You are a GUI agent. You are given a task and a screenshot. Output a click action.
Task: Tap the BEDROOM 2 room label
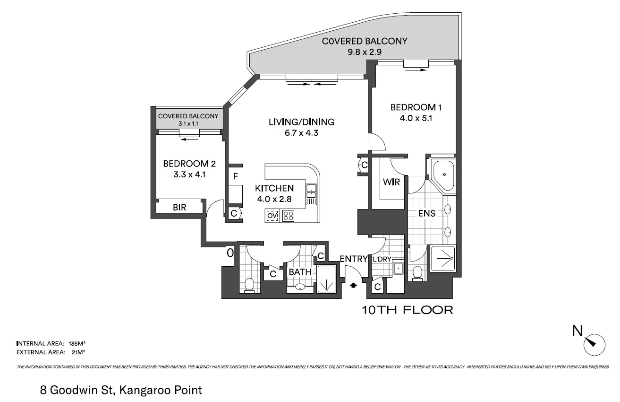click(189, 164)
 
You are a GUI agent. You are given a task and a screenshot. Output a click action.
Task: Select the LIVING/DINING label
click(301, 122)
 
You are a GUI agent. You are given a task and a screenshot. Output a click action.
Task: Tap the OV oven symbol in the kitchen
click(272, 216)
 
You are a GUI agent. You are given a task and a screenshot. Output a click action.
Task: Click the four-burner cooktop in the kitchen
click(288, 216)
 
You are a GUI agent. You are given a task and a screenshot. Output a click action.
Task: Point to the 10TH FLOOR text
click(408, 310)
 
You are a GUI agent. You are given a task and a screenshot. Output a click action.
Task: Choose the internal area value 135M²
click(77, 343)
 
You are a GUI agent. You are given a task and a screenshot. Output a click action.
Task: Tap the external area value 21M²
click(76, 352)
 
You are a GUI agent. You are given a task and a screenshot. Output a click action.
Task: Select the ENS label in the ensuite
click(426, 213)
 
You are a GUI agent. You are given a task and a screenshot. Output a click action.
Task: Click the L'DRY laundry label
click(382, 259)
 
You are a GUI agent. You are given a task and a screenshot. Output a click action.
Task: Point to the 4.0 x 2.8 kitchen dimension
click(274, 199)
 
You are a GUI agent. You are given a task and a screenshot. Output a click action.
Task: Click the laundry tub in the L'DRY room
click(399, 268)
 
